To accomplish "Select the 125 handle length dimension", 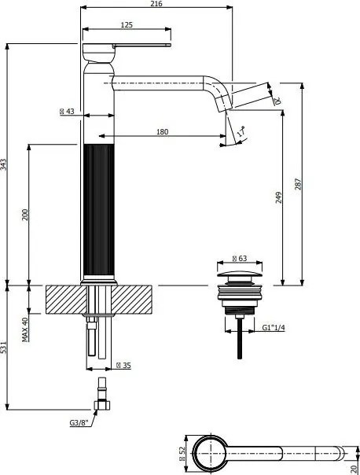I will (x=126, y=24).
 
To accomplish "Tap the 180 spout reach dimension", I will (x=163, y=131).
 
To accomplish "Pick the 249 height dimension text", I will (x=277, y=197).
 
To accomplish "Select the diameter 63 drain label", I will (x=239, y=258).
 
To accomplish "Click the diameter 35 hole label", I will (x=122, y=365).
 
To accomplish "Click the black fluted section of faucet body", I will (x=98, y=212).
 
